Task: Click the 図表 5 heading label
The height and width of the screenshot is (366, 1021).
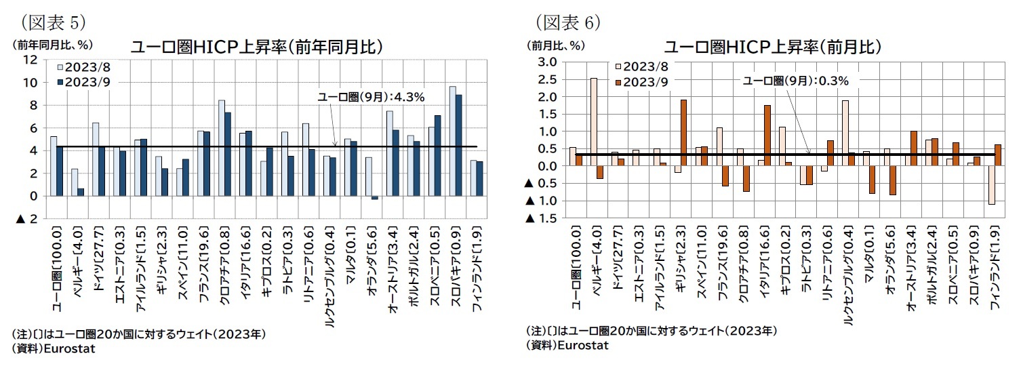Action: coord(53,23)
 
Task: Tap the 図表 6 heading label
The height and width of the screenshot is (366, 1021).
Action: coord(568,23)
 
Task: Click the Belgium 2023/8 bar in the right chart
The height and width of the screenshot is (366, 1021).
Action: coord(594,122)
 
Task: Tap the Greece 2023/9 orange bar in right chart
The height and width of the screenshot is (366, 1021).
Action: coord(683,133)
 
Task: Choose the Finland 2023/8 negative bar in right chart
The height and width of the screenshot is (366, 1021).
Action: coord(991,185)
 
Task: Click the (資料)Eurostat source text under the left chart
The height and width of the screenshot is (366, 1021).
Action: coord(53,348)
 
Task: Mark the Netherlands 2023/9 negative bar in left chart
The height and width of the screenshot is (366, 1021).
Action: coord(375,198)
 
